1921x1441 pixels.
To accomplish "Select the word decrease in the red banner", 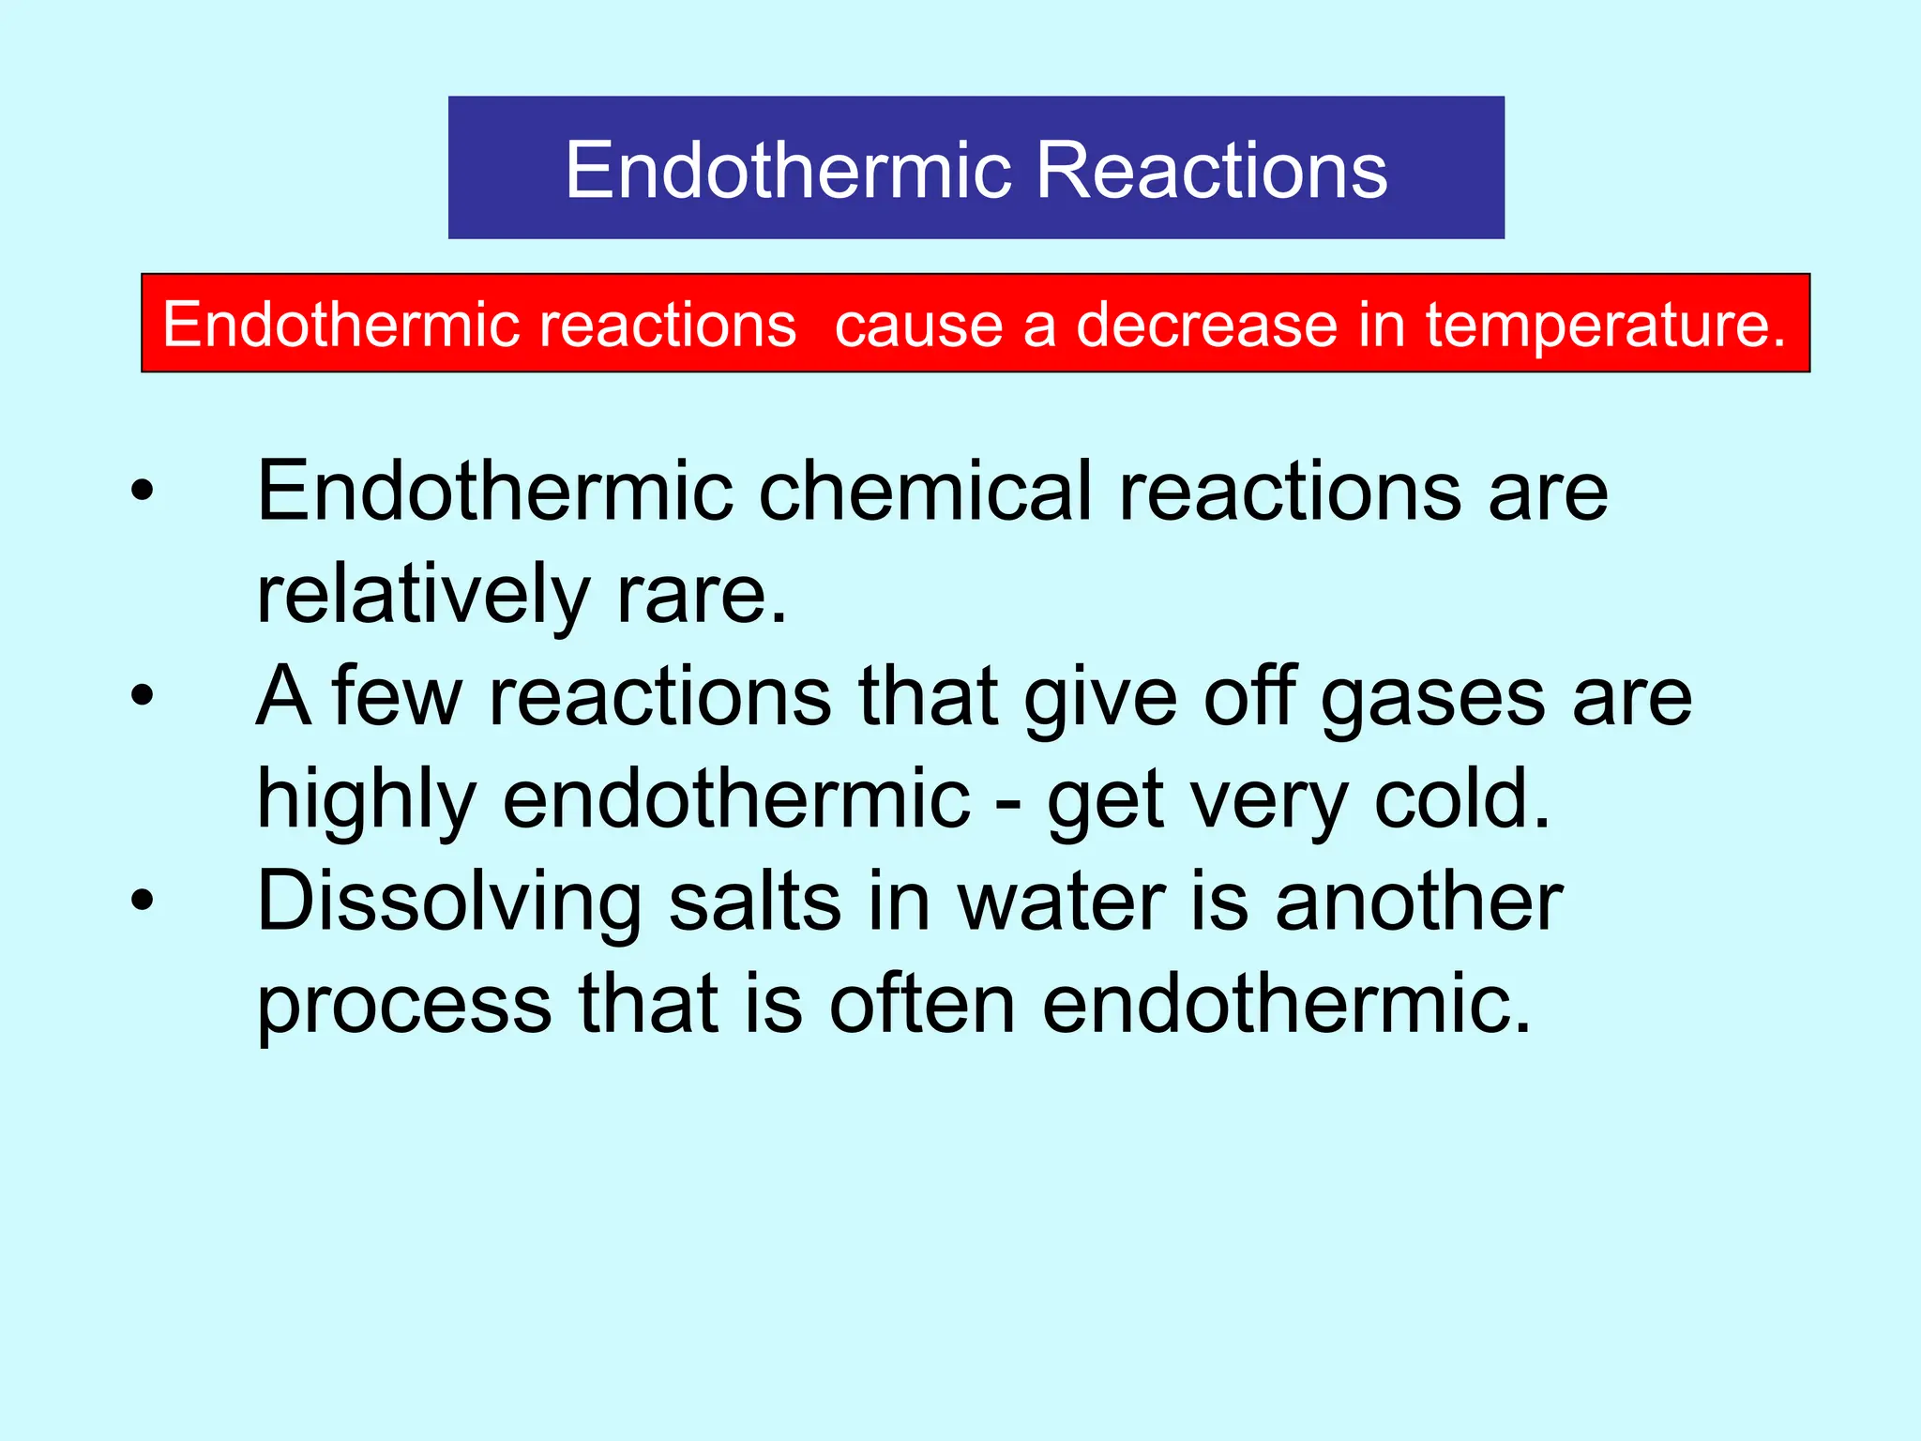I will pos(1205,325).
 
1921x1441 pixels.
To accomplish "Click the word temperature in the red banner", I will pos(1605,326).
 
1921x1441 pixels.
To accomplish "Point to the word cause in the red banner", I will pos(916,326).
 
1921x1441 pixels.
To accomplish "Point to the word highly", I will pos(367,801).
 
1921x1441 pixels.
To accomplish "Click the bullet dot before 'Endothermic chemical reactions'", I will pos(142,491).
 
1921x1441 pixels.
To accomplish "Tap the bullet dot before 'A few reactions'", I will pos(142,696).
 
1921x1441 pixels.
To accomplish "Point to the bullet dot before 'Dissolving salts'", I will pos(142,901).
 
